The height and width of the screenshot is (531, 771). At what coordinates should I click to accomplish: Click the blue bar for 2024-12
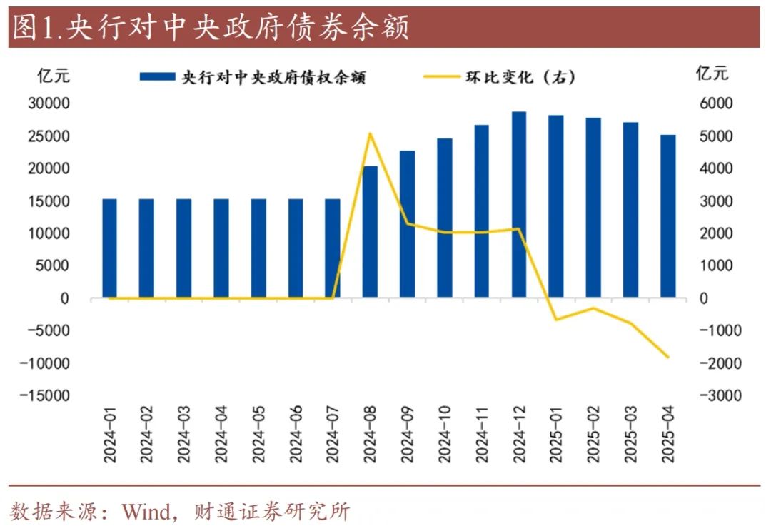point(519,204)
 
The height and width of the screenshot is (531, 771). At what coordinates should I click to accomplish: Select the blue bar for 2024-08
point(370,231)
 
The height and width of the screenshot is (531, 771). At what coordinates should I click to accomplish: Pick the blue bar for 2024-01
point(109,248)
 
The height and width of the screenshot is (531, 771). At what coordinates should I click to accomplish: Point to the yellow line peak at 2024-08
point(370,133)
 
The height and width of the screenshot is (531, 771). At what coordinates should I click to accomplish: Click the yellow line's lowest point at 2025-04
point(667,357)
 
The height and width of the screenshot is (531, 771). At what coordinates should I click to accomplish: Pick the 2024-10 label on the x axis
point(444,436)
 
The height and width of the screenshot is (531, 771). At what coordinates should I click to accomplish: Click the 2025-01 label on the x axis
point(556,436)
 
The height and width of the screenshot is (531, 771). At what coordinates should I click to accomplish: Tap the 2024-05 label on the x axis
point(258,436)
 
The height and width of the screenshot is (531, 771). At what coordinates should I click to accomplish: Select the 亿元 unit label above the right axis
point(712,74)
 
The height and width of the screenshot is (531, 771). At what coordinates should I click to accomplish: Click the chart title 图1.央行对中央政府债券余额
point(211,29)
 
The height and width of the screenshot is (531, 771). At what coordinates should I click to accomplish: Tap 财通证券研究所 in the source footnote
point(272,512)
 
